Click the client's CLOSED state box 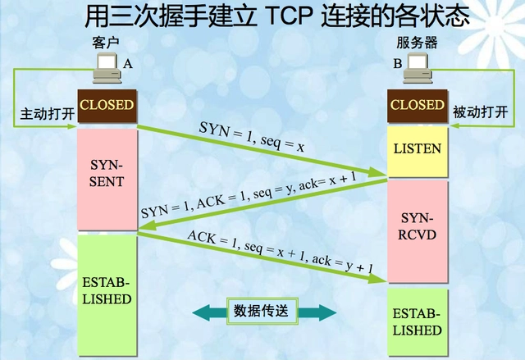(x=106, y=106)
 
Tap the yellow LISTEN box (x=418, y=149)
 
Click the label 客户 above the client (x=107, y=42)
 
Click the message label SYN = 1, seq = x (x=252, y=137)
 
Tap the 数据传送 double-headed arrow (x=265, y=312)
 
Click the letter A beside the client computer (x=127, y=63)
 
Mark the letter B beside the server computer (x=397, y=63)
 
